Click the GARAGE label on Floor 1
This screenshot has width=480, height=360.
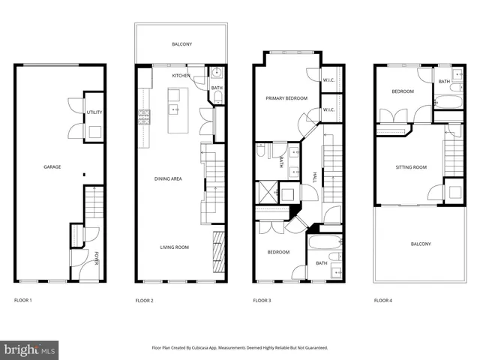click(52, 166)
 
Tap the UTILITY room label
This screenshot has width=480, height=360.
click(94, 112)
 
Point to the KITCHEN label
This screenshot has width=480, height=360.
click(181, 76)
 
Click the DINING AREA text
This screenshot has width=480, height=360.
click(169, 178)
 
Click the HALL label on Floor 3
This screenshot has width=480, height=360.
click(314, 178)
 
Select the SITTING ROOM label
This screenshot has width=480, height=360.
click(411, 167)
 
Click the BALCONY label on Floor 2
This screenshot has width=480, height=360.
click(181, 44)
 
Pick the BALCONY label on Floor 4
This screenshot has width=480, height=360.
click(421, 244)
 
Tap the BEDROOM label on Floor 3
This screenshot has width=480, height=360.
click(278, 252)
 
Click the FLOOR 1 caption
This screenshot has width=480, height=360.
click(24, 300)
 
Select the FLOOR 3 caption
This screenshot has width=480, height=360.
click(262, 300)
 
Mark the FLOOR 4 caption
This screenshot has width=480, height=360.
click(383, 300)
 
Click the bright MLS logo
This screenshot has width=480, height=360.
click(29, 349)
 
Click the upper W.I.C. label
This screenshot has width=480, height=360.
click(328, 80)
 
